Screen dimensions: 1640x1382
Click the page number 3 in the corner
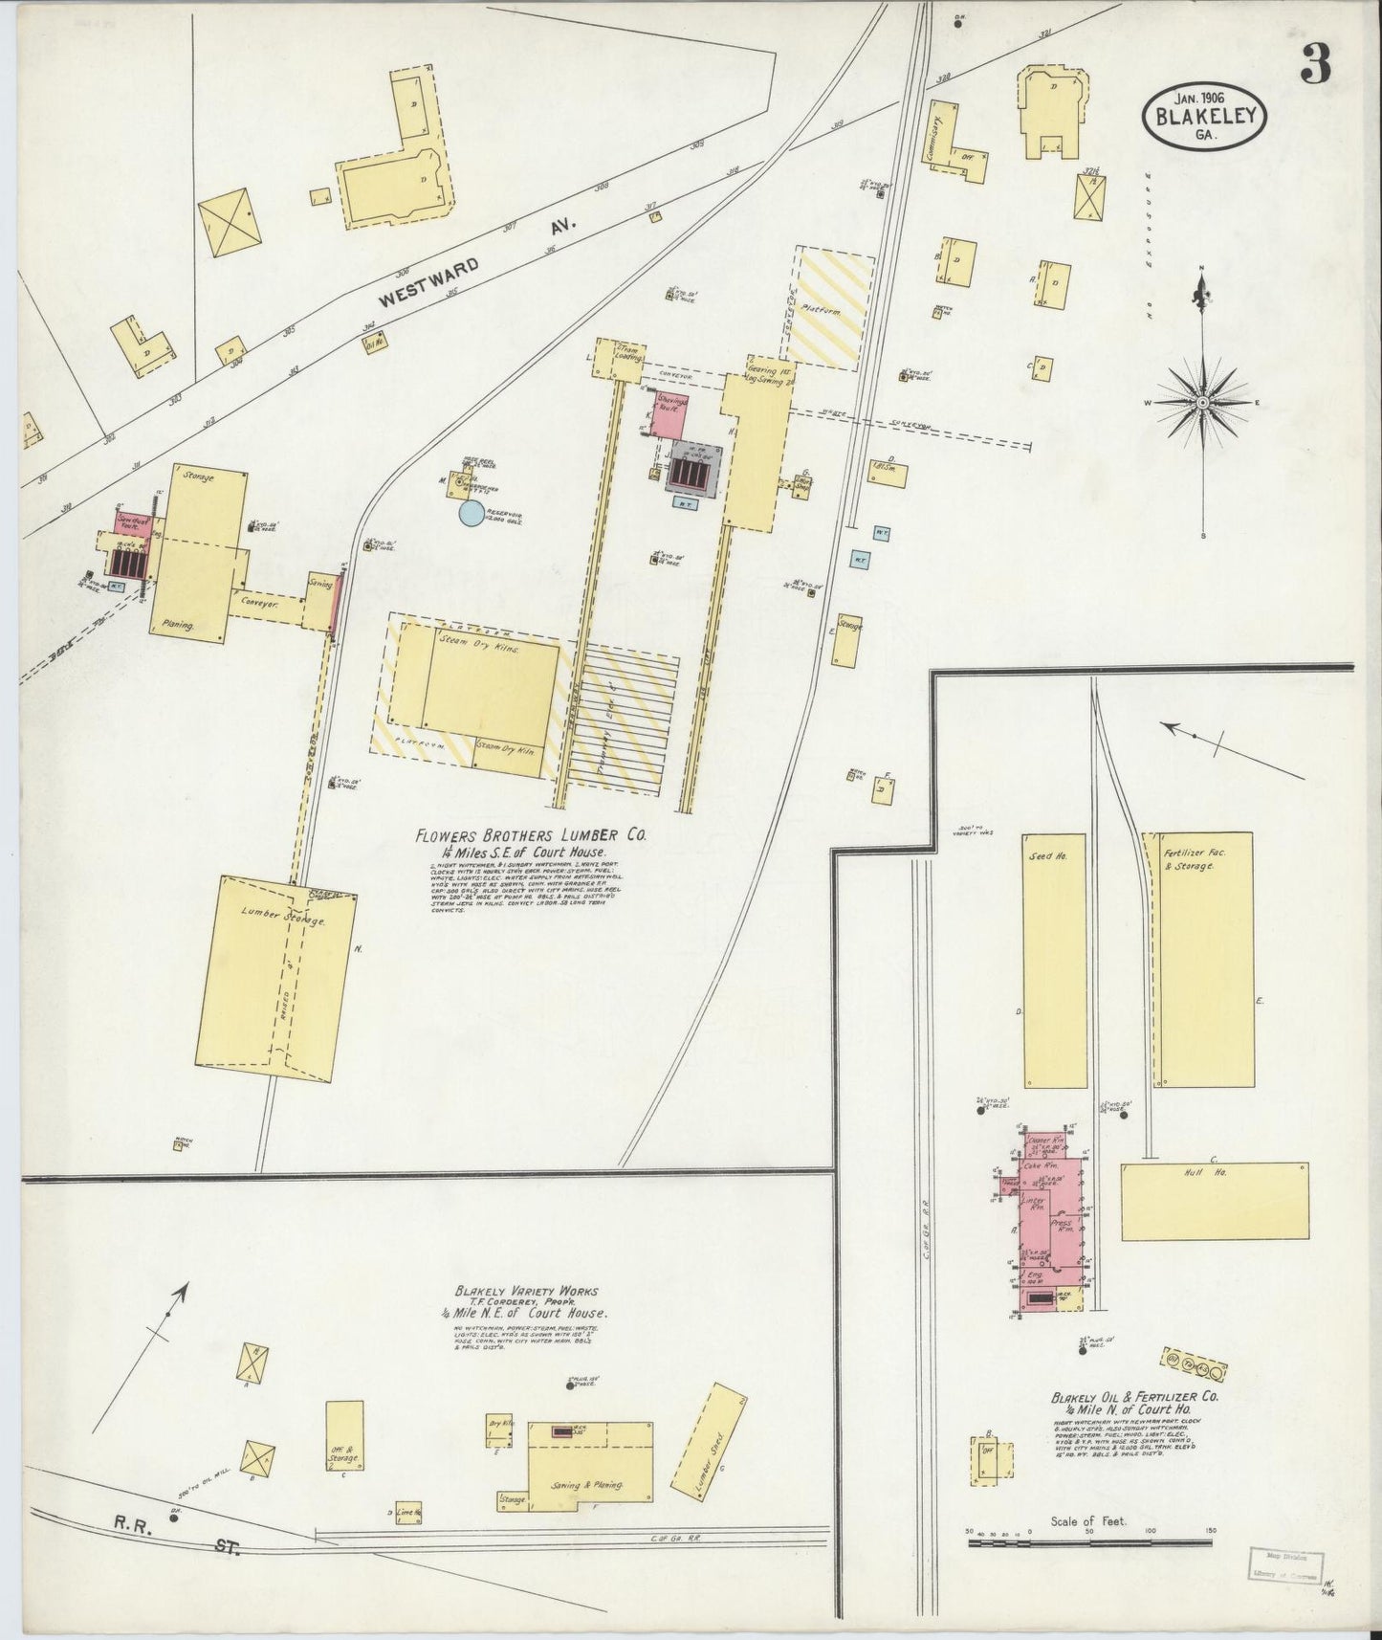pos(1315,66)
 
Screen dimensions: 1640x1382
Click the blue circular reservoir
pos(471,514)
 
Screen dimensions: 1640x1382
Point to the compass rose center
pos(1202,404)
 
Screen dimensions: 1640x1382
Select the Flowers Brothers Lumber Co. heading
pos(531,835)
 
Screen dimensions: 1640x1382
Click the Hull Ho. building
pos(1214,1201)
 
